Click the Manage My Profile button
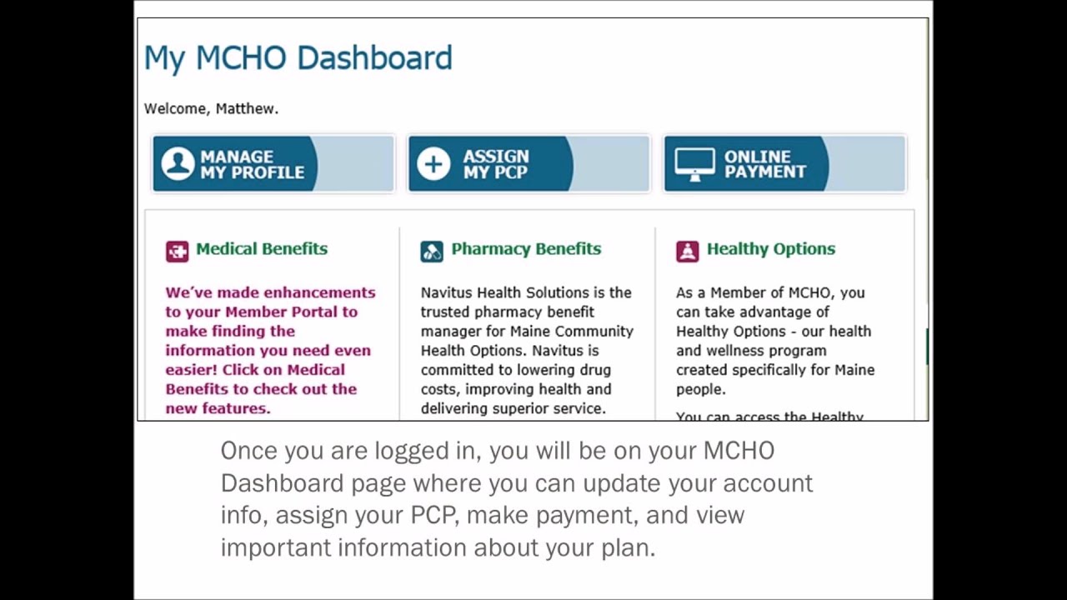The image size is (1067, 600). click(x=273, y=164)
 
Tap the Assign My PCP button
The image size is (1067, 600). click(x=528, y=164)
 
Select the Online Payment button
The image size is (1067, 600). click(x=784, y=164)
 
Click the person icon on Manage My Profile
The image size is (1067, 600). click(x=178, y=164)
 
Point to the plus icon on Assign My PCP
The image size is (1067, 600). click(x=433, y=164)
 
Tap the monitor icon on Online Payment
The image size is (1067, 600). click(x=694, y=164)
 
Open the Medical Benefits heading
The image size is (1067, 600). click(x=261, y=249)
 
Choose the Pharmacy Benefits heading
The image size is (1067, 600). click(x=525, y=249)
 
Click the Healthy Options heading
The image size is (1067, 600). click(x=770, y=249)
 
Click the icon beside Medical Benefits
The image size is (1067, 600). click(x=177, y=251)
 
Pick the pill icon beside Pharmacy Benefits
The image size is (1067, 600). click(x=432, y=251)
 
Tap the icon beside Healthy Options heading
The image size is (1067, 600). click(x=687, y=251)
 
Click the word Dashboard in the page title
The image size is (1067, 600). click(x=374, y=58)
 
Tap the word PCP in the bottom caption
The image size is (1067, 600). click(x=433, y=515)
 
